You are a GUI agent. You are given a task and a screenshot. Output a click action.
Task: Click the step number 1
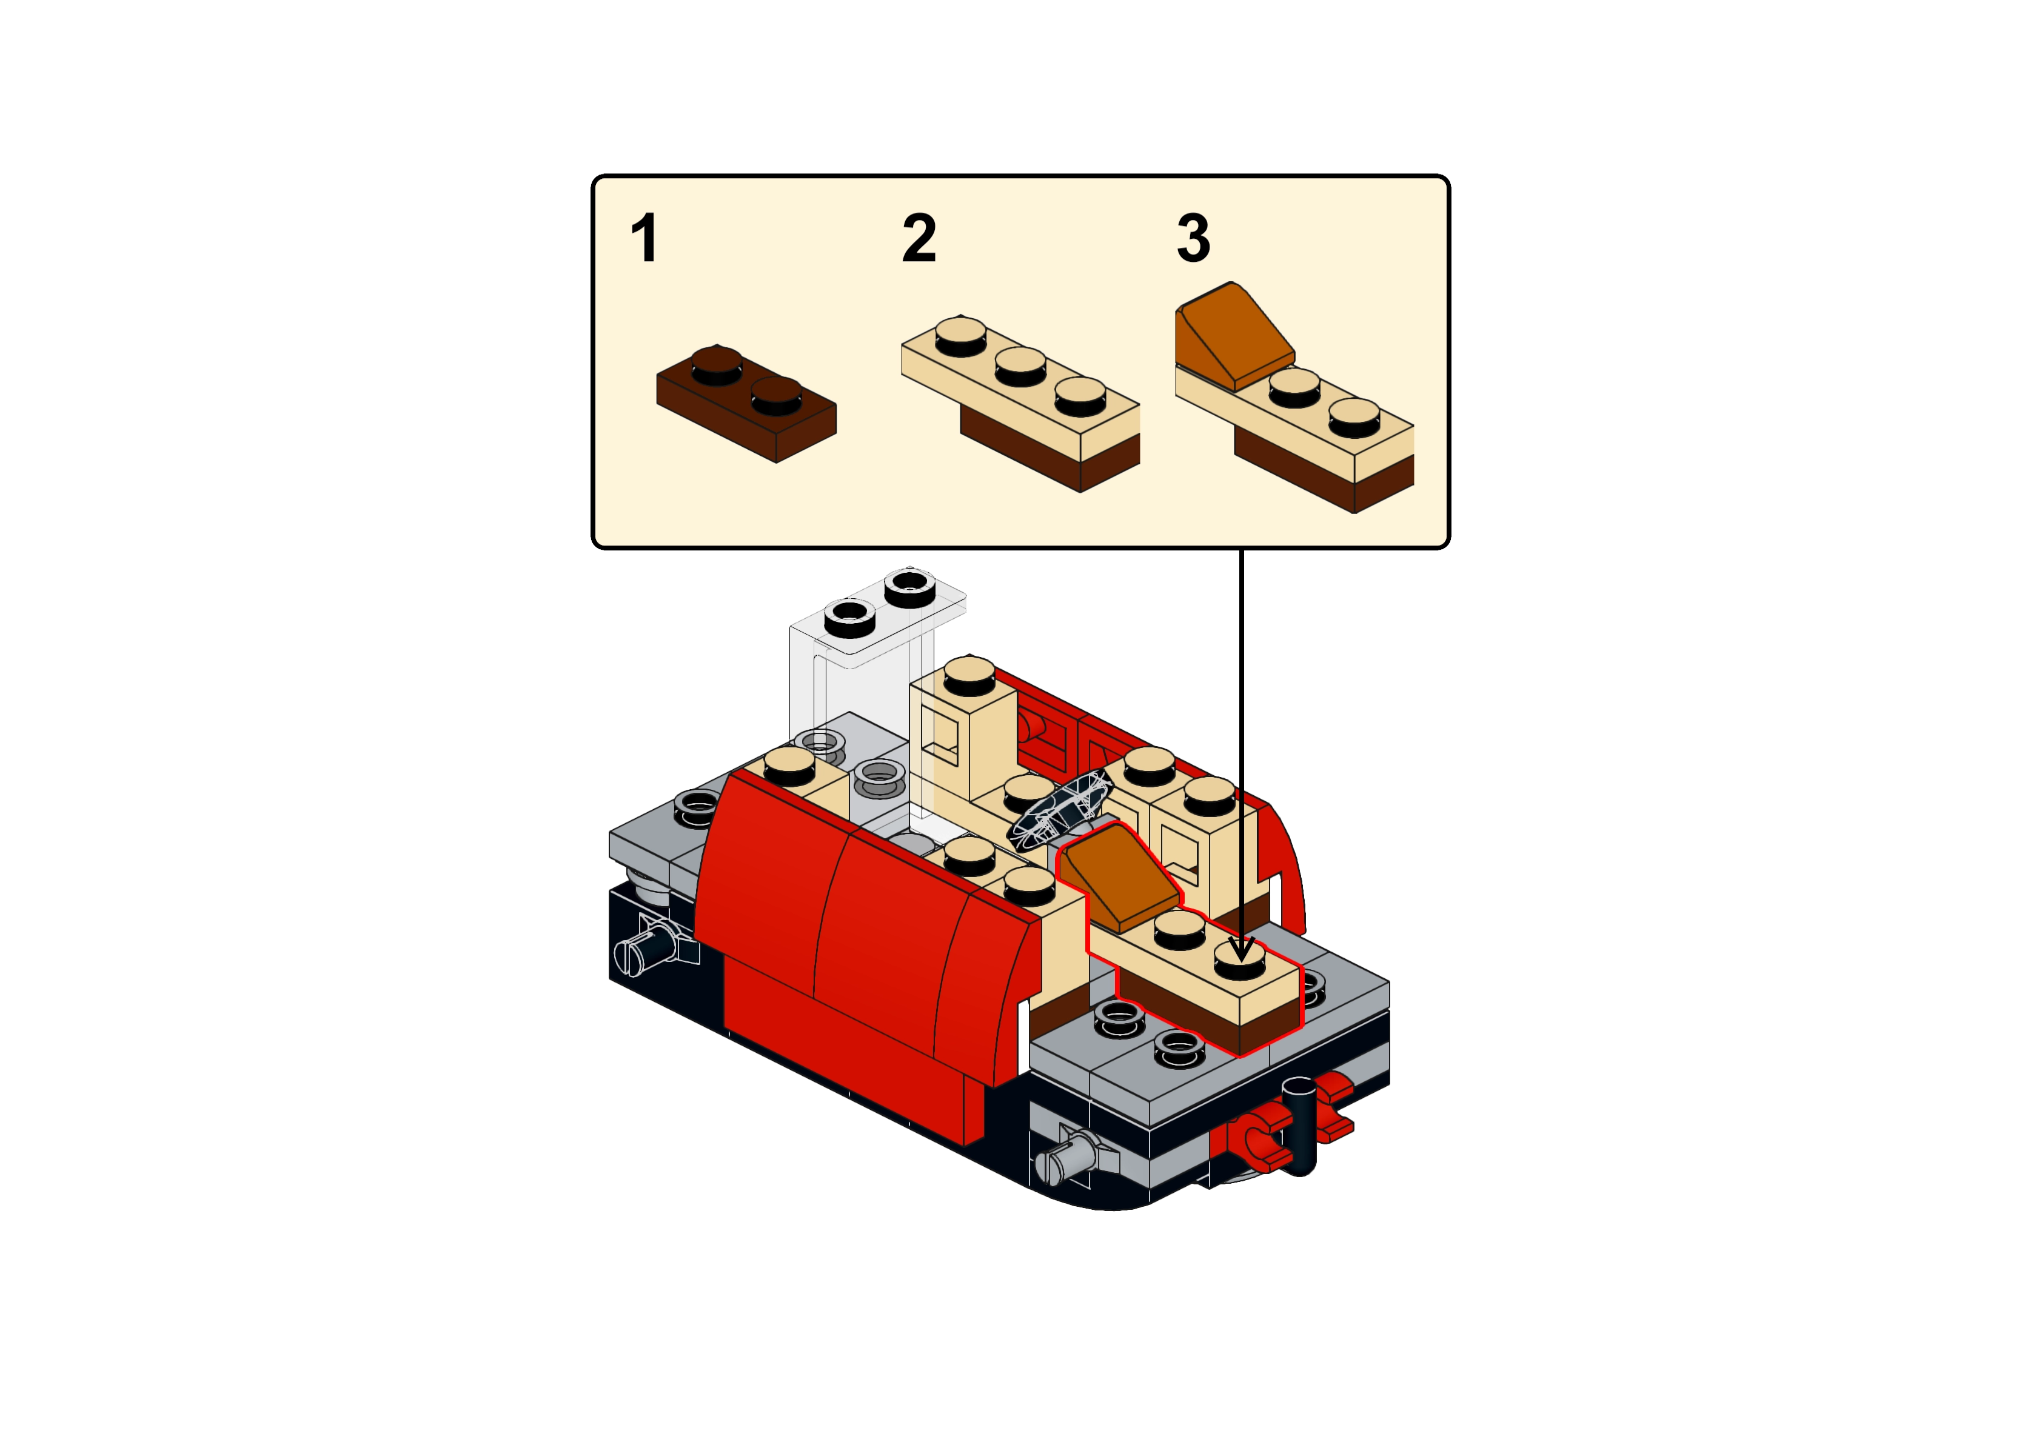pyautogui.click(x=644, y=238)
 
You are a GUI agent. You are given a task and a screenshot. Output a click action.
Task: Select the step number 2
pyautogui.click(x=919, y=238)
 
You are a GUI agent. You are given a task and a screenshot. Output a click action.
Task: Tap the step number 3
pyautogui.click(x=1193, y=238)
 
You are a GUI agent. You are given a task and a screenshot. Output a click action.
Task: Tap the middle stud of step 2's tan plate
pyautogui.click(x=1020, y=365)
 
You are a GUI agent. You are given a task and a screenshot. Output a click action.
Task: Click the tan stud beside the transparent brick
pyautogui.click(x=790, y=765)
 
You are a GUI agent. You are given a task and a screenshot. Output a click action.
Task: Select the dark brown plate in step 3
pyautogui.click(x=1324, y=472)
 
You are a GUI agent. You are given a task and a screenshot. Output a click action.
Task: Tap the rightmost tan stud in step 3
pyautogui.click(x=1354, y=417)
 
